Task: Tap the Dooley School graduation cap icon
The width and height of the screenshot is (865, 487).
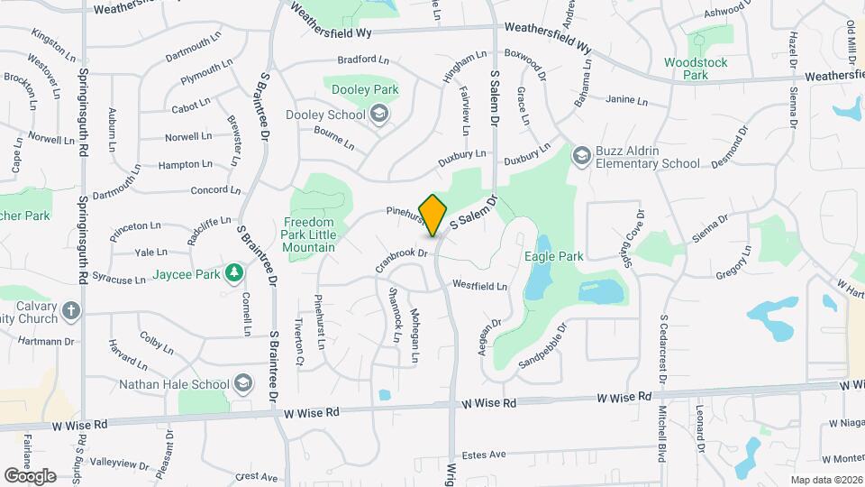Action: (379, 115)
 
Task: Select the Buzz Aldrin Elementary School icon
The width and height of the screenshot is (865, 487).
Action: (582, 157)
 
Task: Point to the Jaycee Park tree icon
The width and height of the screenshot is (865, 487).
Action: (234, 272)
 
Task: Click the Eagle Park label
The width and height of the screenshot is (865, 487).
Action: (554, 256)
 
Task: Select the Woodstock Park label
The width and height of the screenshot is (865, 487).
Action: (695, 69)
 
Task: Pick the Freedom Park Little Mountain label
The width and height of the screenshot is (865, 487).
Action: (309, 234)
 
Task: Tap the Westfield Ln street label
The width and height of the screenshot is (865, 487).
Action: (479, 286)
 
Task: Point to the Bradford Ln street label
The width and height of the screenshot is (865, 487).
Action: (363, 60)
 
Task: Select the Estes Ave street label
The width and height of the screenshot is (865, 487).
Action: (484, 455)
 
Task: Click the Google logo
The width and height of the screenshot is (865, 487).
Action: (30, 475)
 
